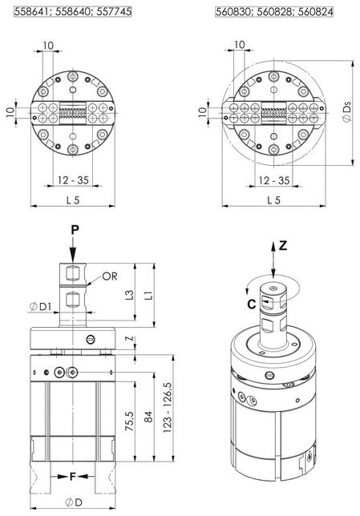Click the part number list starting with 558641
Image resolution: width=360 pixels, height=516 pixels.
72,11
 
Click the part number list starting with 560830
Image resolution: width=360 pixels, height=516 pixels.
274,12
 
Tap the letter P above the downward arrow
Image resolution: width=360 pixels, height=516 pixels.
75,230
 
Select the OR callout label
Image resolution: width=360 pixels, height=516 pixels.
110,276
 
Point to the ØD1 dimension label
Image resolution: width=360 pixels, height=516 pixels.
41,307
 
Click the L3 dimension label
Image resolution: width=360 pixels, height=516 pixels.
130,294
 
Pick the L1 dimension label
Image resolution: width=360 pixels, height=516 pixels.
149,294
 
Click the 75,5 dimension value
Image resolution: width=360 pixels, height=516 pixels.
129,421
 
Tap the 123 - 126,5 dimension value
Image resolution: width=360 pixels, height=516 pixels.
168,407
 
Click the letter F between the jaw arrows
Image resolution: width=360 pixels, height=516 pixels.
73,476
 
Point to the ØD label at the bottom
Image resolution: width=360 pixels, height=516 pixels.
74,502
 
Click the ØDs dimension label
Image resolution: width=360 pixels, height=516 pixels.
346,112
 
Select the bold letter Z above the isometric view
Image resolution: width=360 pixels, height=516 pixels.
283,245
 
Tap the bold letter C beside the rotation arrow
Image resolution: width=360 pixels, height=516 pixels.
251,304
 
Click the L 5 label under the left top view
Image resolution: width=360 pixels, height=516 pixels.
73,200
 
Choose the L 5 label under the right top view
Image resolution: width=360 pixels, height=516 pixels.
273,200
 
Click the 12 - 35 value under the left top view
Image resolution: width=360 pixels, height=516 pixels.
73,180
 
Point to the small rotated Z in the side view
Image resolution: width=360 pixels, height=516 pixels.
131,338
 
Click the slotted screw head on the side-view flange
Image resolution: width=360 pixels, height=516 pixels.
91,339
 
